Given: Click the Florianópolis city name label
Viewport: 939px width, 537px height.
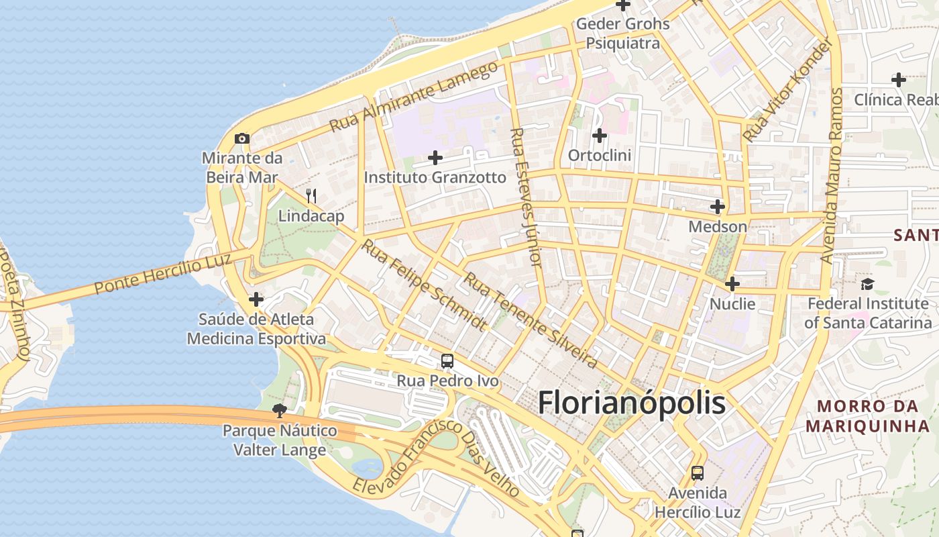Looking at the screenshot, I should (631, 403).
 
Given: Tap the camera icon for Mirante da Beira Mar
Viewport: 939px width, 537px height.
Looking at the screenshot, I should (242, 139).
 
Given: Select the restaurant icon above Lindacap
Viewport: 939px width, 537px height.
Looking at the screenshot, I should (311, 196).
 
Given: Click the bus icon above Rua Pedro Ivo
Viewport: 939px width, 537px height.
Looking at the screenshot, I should (447, 361).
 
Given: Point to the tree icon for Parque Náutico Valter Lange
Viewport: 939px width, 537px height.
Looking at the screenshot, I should (280, 409).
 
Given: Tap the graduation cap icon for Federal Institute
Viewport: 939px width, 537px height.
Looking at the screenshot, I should (867, 284).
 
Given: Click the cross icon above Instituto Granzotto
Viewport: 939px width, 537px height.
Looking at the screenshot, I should (435, 158).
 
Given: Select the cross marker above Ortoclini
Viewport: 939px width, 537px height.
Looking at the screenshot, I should (599, 136).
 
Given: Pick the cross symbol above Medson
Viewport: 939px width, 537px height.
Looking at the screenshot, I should (718, 207).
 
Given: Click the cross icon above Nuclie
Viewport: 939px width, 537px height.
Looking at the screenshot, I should (732, 284).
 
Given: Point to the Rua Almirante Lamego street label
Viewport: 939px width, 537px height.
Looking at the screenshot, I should (415, 96).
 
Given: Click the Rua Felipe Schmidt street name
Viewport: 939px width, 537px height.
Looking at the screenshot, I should (424, 285).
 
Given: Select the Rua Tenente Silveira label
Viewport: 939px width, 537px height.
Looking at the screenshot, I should (531, 320).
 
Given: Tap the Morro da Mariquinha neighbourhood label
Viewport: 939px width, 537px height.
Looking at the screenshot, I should (867, 416).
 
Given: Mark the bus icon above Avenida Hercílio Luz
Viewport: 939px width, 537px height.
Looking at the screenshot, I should (698, 473).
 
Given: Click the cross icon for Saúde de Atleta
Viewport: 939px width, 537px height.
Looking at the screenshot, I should (256, 299).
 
